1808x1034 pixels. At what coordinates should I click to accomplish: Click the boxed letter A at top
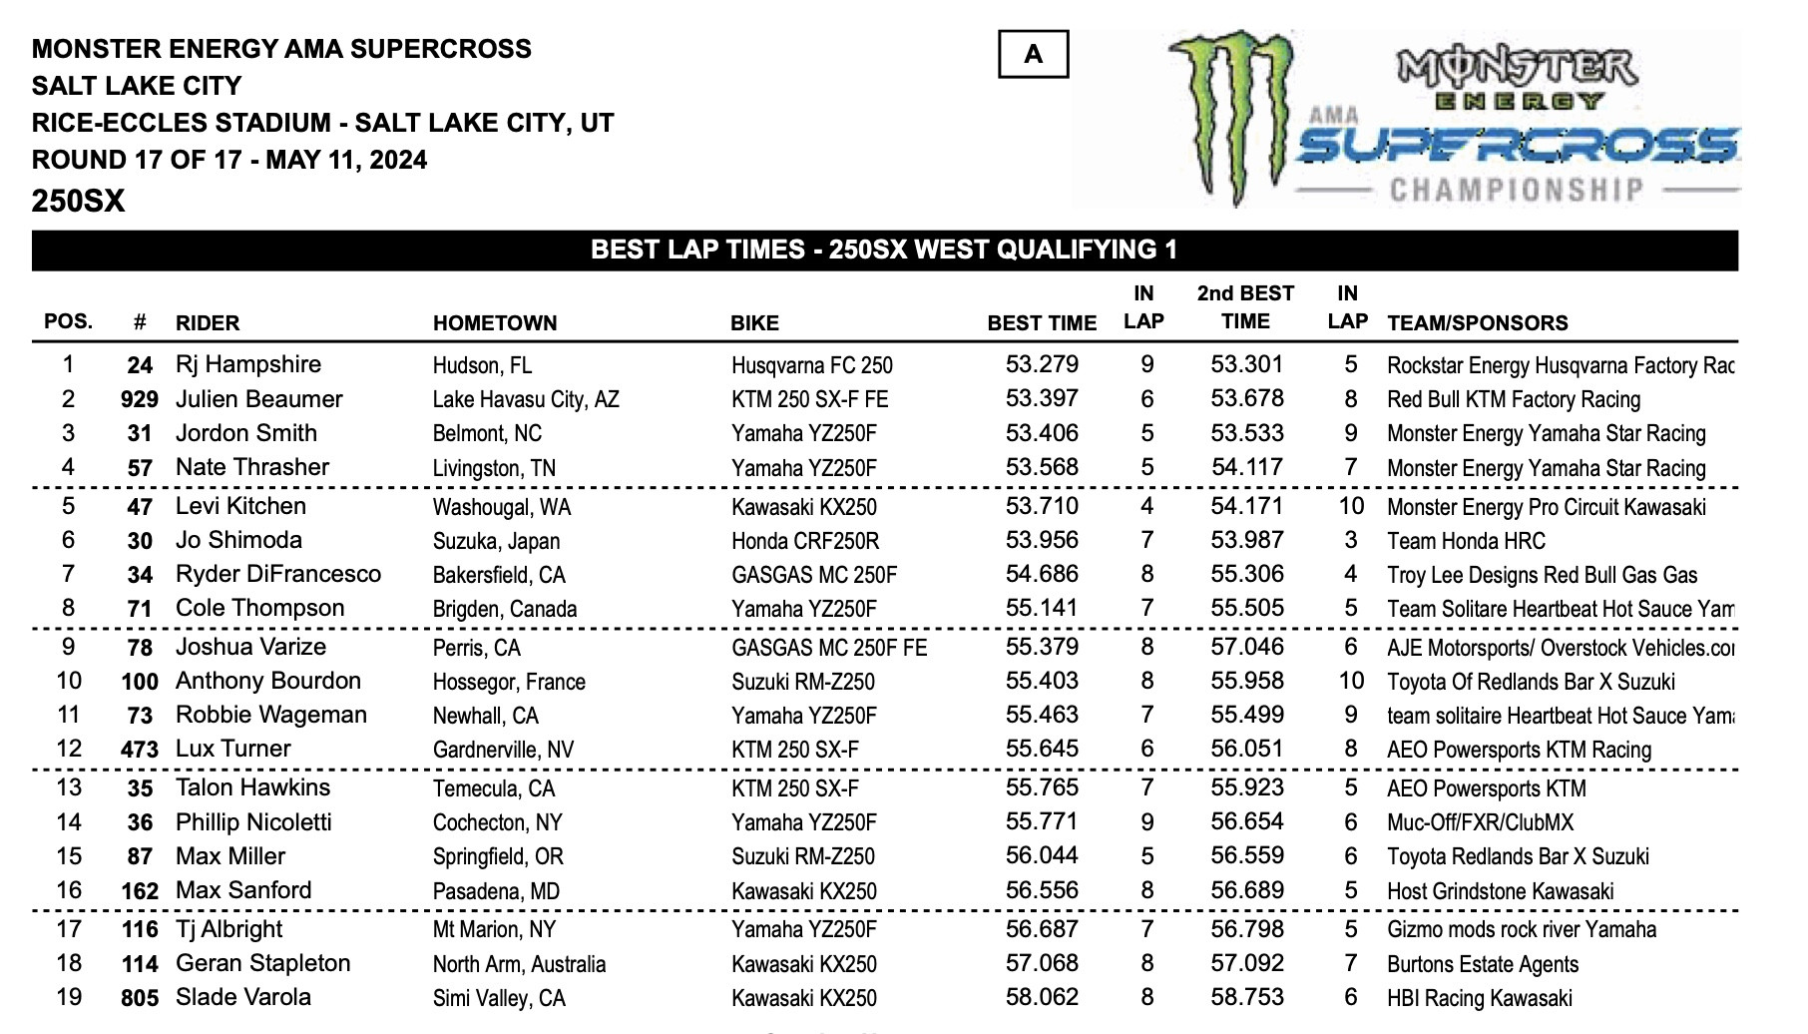click(x=1033, y=54)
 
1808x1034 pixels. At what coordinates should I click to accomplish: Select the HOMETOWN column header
click(x=494, y=323)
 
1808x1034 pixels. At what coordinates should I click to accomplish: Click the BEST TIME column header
click(x=1041, y=323)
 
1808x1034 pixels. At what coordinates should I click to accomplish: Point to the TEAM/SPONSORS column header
click(x=1477, y=323)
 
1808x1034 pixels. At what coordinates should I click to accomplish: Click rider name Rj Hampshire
click(x=247, y=365)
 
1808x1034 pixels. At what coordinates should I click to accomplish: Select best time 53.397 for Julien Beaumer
click(x=1042, y=399)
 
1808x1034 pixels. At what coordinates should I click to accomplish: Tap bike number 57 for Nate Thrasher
click(x=140, y=468)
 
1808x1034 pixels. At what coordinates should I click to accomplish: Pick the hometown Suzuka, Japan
click(x=496, y=541)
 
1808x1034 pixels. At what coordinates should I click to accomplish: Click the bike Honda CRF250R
click(x=805, y=541)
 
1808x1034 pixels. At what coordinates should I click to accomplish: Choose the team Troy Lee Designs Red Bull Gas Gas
click(x=1542, y=575)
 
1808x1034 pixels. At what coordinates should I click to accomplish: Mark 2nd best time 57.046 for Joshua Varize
click(x=1246, y=648)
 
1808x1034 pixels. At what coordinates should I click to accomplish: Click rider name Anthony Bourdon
click(x=267, y=682)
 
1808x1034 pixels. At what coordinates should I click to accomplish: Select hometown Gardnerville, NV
click(x=503, y=750)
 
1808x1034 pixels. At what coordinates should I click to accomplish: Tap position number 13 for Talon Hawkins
click(x=69, y=788)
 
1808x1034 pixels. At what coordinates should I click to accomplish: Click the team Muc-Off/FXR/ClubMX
click(x=1480, y=822)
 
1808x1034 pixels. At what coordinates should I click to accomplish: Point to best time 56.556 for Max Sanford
click(x=1042, y=891)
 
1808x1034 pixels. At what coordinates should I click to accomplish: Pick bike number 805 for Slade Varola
click(x=140, y=998)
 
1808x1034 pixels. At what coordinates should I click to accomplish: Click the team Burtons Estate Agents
click(x=1483, y=964)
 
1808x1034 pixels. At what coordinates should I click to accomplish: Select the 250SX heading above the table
click(x=78, y=202)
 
